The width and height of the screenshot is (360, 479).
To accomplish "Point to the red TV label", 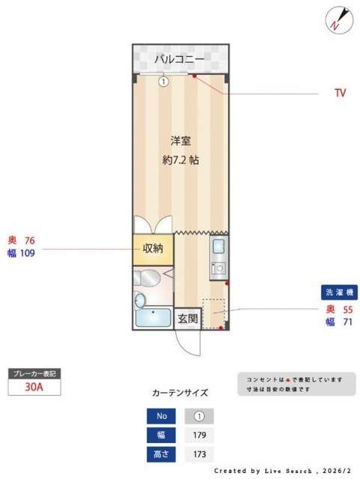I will pos(341,94).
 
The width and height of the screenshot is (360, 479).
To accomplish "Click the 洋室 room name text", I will pos(180,141).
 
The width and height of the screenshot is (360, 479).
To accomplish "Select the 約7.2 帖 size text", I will pos(180,159).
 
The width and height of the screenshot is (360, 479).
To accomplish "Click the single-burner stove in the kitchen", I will pos(219,267).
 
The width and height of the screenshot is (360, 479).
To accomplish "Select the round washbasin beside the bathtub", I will pos(140,301).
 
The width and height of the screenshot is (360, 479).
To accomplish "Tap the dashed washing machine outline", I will pos(214,313).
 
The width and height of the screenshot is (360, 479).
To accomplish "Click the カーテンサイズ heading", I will pos(180,391).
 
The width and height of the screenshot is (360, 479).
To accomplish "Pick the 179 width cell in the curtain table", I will pos(198,435).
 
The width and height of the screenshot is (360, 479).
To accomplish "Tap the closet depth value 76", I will pos(30,240).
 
